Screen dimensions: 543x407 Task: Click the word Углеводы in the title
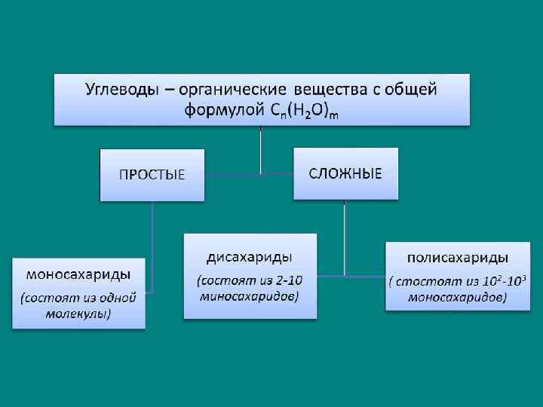click(121, 90)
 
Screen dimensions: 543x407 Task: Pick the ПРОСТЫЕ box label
click(152, 174)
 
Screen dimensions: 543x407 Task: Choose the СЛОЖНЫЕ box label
click(345, 173)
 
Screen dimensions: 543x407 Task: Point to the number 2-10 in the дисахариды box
click(287, 280)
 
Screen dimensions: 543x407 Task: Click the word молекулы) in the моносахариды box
click(77, 314)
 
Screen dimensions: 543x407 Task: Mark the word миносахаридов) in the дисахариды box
click(250, 296)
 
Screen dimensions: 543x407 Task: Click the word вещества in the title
click(332, 90)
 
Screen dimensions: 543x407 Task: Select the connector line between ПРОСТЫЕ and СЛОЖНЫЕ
click(249, 175)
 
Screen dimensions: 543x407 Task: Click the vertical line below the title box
click(261, 147)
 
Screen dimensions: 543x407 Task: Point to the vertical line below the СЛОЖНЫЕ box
click(345, 234)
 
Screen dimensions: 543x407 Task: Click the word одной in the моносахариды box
click(117, 298)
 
